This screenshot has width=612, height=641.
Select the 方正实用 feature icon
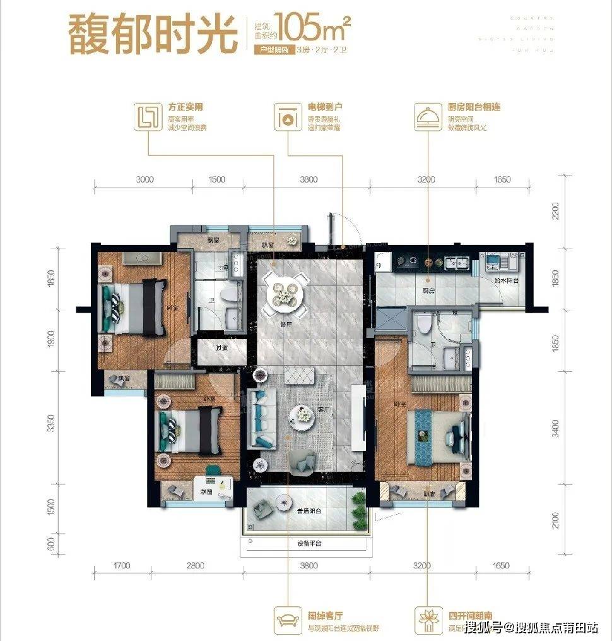pos(148,117)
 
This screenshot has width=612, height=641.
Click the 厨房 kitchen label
pos(429,291)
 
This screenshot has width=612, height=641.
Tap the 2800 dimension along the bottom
pos(196,565)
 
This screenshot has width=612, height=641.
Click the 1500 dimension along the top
pos(216,179)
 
